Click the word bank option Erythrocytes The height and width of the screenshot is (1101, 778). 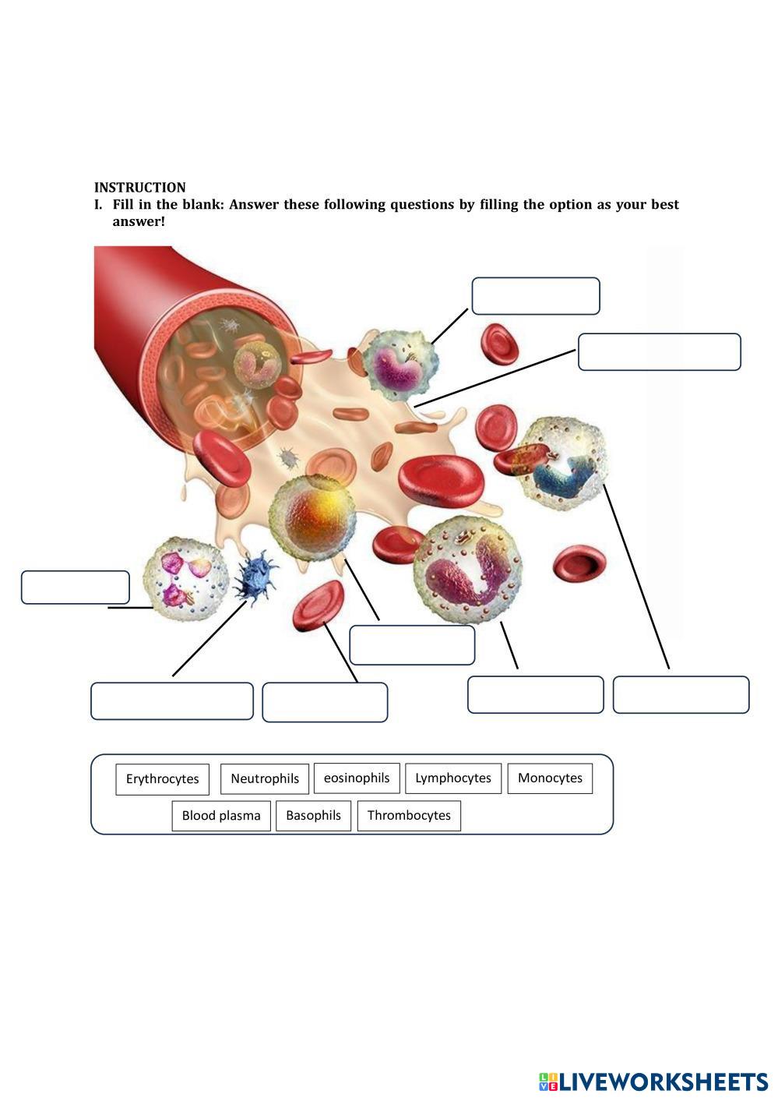point(162,778)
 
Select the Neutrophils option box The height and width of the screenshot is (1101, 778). point(264,778)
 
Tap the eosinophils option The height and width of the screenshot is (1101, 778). point(357,778)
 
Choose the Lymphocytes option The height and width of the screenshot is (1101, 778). point(452,778)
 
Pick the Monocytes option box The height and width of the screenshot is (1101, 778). point(550,778)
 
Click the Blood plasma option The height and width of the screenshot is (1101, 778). point(221,816)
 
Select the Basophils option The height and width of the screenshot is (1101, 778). point(313,816)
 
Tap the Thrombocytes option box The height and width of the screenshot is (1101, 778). point(409,816)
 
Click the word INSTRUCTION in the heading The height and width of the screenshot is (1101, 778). point(140,187)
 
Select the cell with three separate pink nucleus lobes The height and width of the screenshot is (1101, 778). point(185,579)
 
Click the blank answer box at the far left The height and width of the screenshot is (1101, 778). point(75,587)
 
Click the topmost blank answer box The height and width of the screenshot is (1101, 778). point(535,296)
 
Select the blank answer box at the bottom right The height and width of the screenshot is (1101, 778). point(681,694)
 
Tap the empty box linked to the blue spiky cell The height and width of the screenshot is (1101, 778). point(172,701)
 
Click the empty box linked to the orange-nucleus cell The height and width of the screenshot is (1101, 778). point(412,645)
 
